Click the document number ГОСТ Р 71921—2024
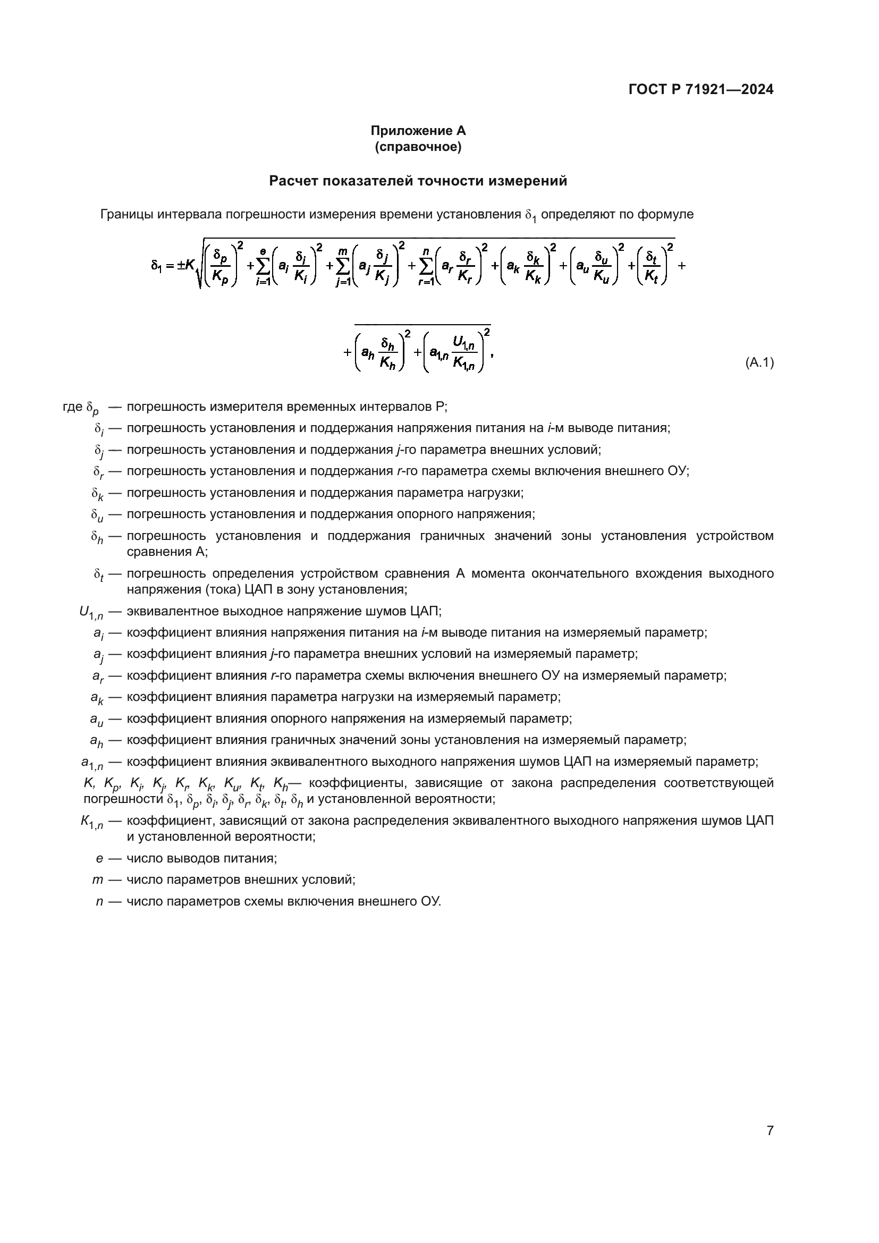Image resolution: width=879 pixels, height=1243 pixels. coord(701,89)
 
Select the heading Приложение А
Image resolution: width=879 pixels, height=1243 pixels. coord(418,131)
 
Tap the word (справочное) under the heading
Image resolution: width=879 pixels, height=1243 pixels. coord(418,147)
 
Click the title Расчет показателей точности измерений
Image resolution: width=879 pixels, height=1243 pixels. coord(418,181)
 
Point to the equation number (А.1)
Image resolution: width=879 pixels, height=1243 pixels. coord(759,363)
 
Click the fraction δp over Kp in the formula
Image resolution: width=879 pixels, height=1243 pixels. coord(221,266)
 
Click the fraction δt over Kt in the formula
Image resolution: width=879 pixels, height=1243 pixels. coord(650,266)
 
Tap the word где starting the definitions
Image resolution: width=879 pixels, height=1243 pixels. coord(72,407)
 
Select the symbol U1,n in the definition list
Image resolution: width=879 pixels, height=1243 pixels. coord(91,612)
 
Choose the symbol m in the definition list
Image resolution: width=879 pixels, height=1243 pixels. coord(97,880)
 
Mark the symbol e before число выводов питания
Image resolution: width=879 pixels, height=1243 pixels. coord(99,858)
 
